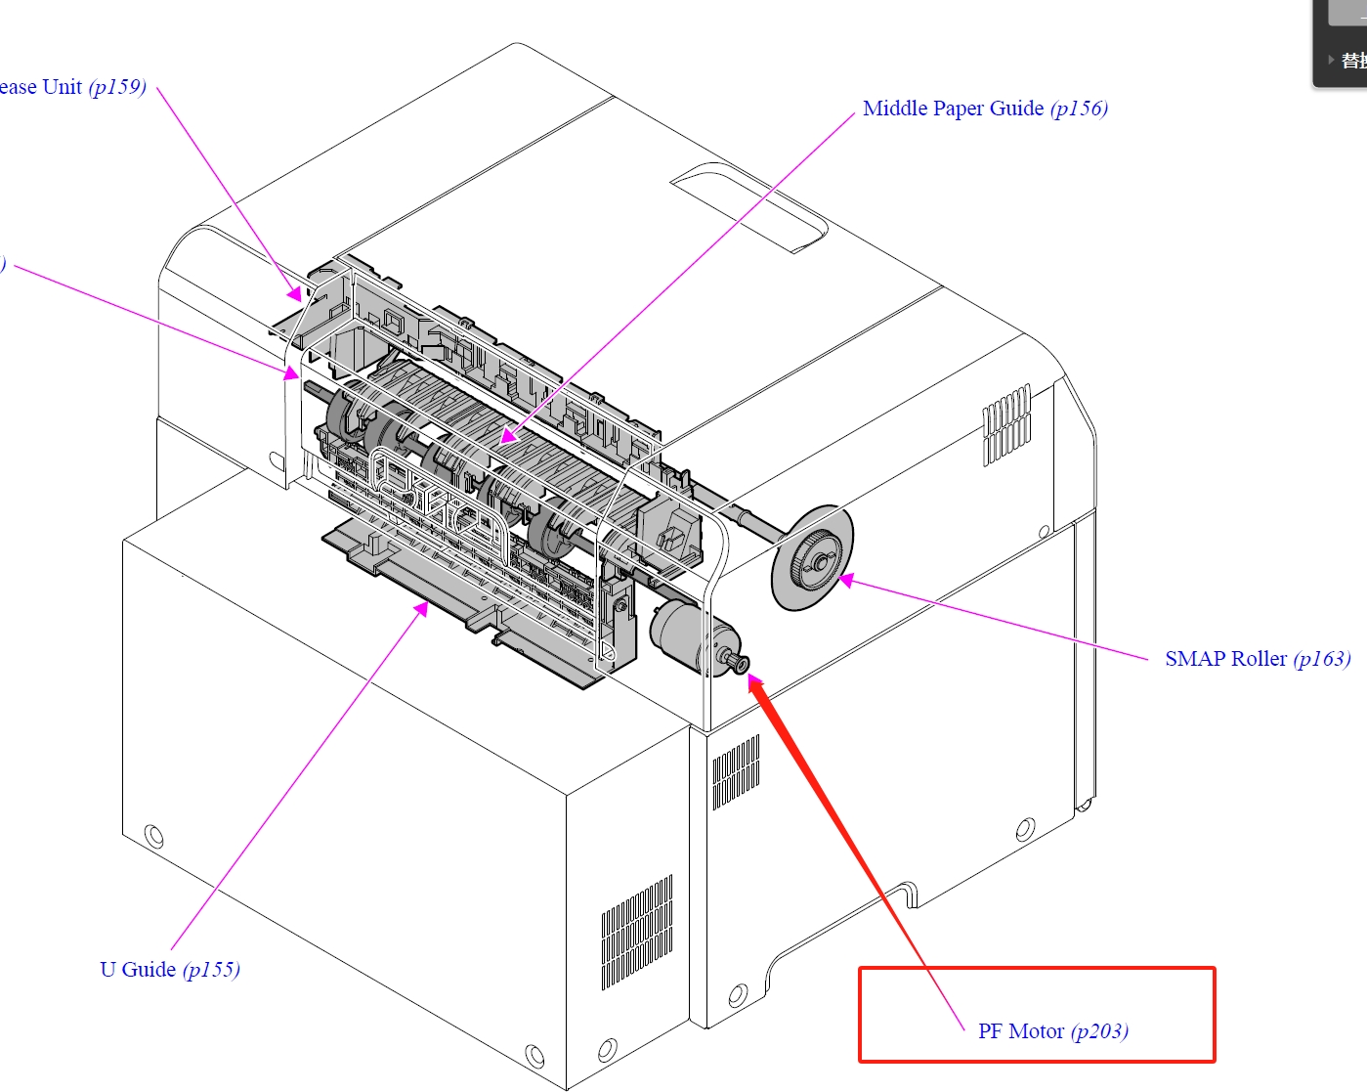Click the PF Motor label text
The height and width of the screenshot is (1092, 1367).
tap(1020, 1031)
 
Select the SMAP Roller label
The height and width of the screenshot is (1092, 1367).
tap(1225, 659)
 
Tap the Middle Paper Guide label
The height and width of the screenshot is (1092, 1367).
tap(953, 109)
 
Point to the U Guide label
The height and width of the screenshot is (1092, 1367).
tap(138, 970)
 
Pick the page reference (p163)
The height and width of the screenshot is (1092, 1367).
tap(1322, 659)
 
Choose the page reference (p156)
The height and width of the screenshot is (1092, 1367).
tap(1079, 109)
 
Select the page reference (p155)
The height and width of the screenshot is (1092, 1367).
tap(211, 970)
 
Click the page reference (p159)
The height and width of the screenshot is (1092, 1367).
tap(117, 87)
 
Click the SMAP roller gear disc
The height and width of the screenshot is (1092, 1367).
tap(812, 559)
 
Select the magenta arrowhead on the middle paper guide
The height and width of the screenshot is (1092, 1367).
tap(507, 436)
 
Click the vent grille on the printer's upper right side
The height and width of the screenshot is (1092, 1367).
tap(1005, 425)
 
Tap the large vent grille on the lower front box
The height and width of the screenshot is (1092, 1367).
tap(636, 932)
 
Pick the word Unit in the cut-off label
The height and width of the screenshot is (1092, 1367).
tap(62, 87)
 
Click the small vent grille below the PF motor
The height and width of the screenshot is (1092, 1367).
tap(736, 772)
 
